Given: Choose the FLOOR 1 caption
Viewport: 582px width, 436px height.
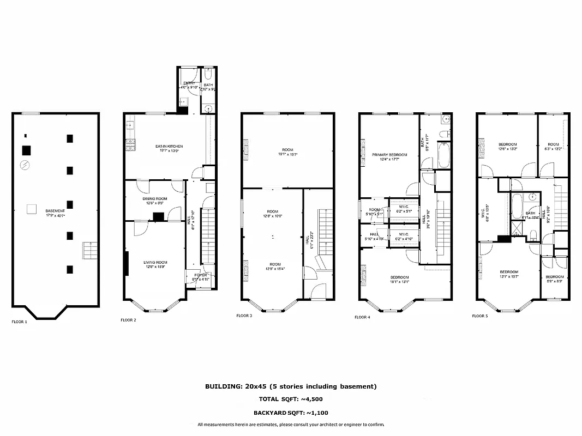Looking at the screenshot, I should [20, 322].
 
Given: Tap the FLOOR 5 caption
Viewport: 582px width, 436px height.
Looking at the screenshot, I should [480, 316].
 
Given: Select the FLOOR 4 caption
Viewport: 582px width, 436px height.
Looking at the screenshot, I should [362, 317].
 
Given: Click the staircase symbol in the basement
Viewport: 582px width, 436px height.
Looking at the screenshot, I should [89, 251].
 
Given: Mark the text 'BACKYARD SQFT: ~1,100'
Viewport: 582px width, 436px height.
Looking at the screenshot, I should [291, 413].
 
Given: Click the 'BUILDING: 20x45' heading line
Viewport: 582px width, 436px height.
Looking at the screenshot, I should [291, 386].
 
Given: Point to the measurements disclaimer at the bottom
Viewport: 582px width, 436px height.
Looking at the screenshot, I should [291, 425].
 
